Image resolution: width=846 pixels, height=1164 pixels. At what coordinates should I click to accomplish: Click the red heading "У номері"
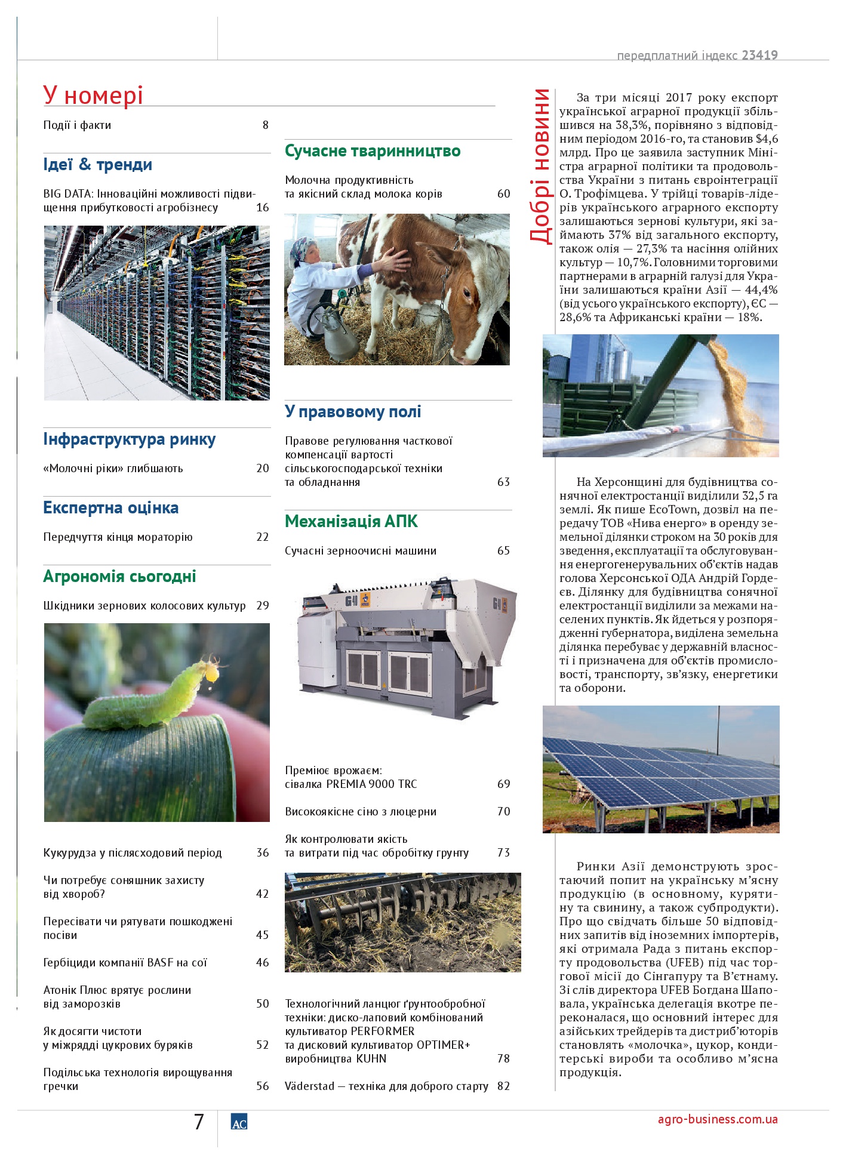(x=93, y=96)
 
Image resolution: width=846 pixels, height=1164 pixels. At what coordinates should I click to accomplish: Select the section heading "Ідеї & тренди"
(x=97, y=165)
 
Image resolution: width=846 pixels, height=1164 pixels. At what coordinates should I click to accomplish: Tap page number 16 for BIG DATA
(x=262, y=208)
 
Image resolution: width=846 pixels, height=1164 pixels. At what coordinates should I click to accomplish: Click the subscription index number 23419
(x=759, y=56)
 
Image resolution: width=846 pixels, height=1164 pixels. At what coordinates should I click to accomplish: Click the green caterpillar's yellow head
(x=211, y=672)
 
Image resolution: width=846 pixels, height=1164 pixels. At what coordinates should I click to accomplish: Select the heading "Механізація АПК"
(x=351, y=522)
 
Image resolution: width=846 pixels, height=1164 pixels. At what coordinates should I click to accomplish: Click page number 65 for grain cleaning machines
(x=503, y=550)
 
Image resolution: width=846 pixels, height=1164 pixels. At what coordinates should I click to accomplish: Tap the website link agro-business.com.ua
(x=718, y=1119)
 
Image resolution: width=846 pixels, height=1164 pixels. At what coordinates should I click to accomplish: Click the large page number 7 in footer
(x=199, y=1122)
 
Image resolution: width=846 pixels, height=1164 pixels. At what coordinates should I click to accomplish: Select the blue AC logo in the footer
(x=239, y=1123)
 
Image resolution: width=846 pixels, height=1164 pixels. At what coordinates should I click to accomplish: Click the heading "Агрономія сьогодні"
(x=119, y=577)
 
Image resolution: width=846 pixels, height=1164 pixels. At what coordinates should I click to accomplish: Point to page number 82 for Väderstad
(x=503, y=1086)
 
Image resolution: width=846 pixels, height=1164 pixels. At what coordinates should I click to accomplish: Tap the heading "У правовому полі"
(x=353, y=412)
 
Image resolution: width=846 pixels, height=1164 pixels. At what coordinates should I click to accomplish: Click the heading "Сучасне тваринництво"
(x=373, y=151)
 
